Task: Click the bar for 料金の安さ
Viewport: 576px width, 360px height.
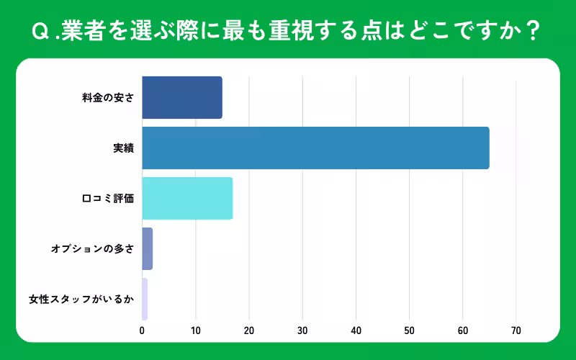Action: pos(182,98)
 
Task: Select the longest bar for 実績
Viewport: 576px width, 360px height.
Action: pos(315,148)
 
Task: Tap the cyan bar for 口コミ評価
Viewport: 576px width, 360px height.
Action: pos(187,198)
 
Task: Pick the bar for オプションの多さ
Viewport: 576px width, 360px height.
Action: pos(148,248)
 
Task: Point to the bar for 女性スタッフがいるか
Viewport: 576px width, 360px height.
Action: pos(145,299)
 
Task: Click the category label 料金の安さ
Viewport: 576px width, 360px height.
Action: pos(108,98)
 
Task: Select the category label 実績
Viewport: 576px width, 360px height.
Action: pos(123,148)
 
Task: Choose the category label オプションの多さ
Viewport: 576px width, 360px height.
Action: pos(92,248)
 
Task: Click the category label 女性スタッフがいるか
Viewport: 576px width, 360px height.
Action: pos(81,299)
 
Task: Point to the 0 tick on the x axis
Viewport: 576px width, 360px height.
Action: pos(143,331)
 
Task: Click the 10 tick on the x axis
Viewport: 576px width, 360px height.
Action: pos(195,331)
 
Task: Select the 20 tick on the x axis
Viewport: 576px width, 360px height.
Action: pos(249,331)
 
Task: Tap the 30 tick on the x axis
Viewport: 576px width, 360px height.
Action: pos(302,331)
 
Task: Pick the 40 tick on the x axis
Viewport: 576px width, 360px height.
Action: pos(356,331)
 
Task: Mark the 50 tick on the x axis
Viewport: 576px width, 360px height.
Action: pos(409,331)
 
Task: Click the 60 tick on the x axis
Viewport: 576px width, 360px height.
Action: pos(462,331)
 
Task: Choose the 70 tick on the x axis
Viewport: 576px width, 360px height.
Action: pos(516,331)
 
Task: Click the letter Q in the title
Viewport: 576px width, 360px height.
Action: pos(40,32)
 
